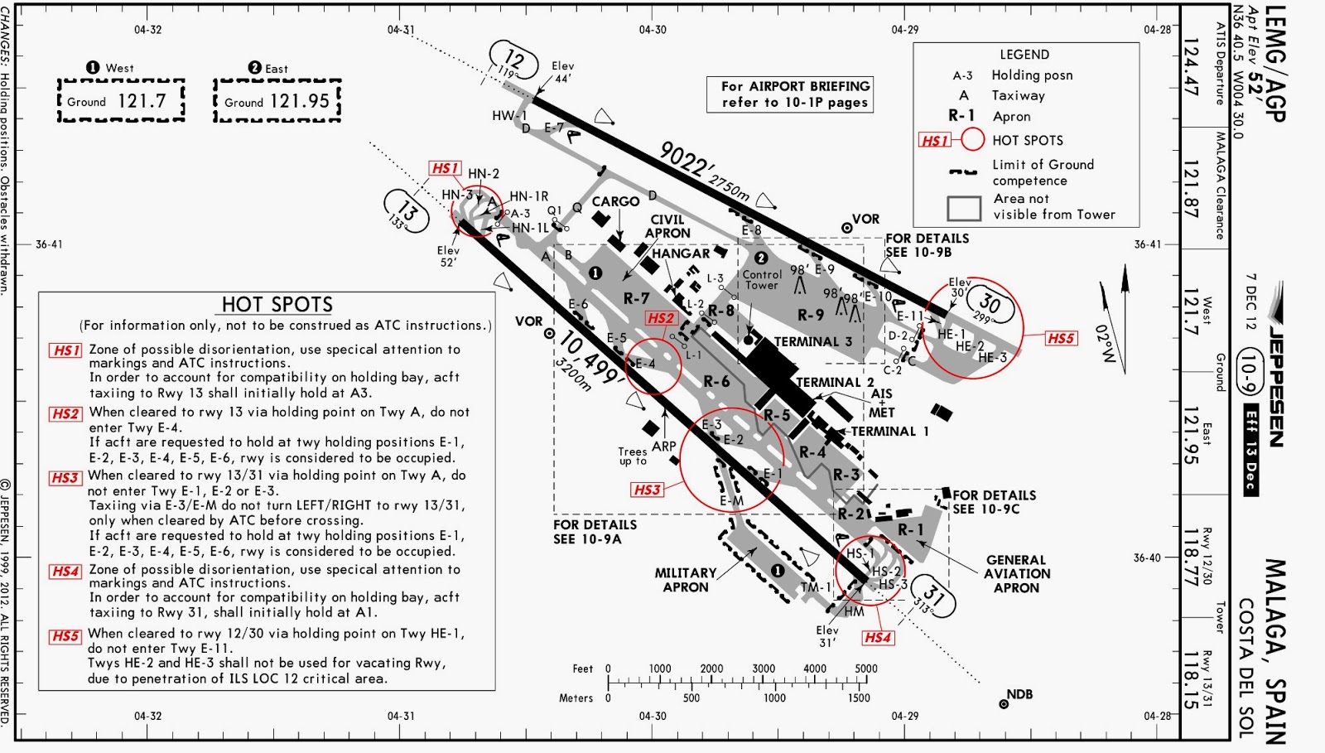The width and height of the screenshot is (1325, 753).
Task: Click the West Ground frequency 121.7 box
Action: pyautogui.click(x=121, y=101)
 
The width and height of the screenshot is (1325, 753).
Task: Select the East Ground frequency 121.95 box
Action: pyautogui.click(x=277, y=101)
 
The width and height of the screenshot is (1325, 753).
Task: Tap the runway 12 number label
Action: pyautogui.click(x=513, y=59)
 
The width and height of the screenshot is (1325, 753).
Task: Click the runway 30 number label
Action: pyautogui.click(x=990, y=304)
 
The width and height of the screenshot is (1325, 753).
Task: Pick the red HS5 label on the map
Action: pyautogui.click(x=1061, y=338)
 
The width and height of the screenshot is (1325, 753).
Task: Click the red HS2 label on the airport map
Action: pyautogui.click(x=661, y=318)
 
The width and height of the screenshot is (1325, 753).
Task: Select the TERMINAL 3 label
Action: pyautogui.click(x=812, y=341)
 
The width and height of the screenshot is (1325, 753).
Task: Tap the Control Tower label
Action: pyautogui.click(x=762, y=279)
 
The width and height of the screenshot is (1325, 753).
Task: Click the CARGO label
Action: pyautogui.click(x=615, y=201)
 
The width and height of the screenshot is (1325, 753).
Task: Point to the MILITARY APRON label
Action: pyautogui.click(x=686, y=580)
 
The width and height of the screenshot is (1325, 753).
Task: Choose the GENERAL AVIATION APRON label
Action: pyautogui.click(x=1017, y=574)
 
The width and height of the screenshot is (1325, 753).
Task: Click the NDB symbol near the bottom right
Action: pyautogui.click(x=1004, y=704)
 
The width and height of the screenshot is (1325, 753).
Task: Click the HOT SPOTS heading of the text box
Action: pyautogui.click(x=277, y=305)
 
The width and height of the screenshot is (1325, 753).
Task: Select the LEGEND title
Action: pyautogui.click(x=1024, y=55)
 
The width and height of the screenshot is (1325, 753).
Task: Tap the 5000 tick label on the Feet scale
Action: pyautogui.click(x=865, y=669)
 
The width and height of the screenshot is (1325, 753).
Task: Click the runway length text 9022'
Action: pyautogui.click(x=684, y=157)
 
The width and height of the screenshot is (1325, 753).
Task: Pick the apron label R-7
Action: pyautogui.click(x=636, y=298)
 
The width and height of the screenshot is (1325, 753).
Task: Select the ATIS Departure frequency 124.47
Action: pyautogui.click(x=1191, y=67)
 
